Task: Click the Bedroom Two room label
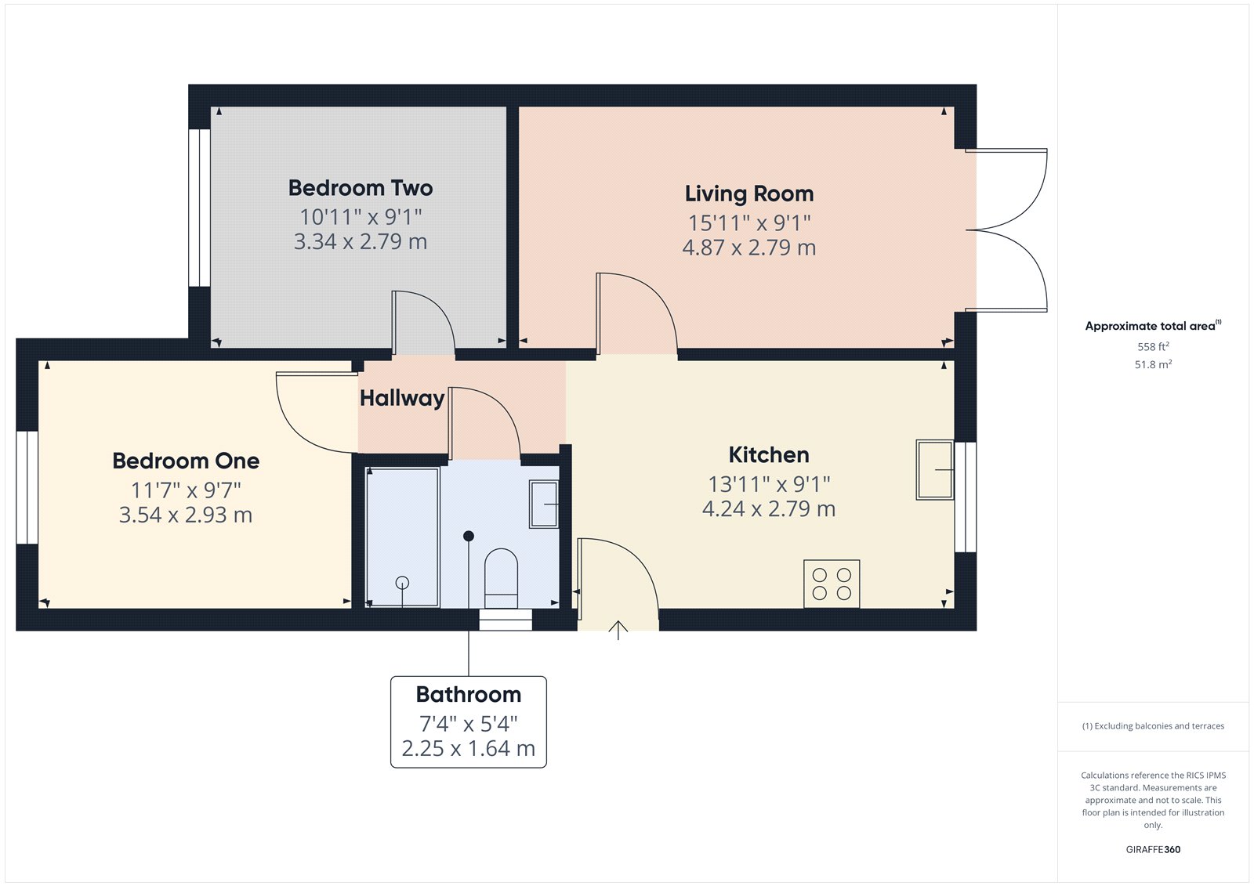361,188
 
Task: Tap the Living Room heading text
749,193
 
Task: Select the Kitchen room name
768,455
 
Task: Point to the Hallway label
402,398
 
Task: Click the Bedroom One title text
186,461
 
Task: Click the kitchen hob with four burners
832,584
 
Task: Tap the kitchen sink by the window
935,470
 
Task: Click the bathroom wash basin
543,504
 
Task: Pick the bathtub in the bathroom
403,537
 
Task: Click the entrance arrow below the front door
618,630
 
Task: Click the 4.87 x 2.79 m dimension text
749,248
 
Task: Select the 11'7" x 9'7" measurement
186,490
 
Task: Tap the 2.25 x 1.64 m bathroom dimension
468,749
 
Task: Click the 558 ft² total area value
1153,346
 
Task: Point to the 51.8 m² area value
1153,364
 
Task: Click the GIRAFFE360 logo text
1153,849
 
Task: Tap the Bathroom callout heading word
468,695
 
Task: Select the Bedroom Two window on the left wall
200,208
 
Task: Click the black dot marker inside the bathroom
469,536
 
